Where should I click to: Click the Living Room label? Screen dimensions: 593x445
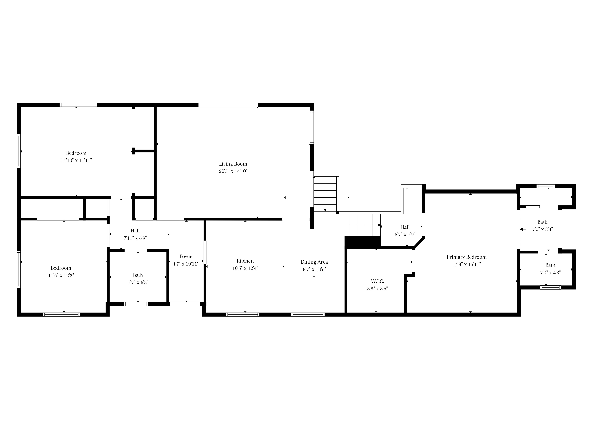click(233, 164)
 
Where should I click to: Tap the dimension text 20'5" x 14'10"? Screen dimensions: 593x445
click(233, 171)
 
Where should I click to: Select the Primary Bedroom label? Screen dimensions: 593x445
click(466, 257)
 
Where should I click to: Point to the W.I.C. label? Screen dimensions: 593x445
click(377, 281)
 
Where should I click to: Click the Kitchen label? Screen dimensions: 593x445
click(245, 261)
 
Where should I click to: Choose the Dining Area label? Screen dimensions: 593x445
click(314, 262)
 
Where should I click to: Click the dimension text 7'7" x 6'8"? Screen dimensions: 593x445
click(138, 282)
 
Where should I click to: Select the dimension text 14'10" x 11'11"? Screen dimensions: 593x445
click(76, 160)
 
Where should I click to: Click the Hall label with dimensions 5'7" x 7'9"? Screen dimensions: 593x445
click(405, 227)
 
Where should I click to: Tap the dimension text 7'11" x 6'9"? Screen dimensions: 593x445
click(135, 238)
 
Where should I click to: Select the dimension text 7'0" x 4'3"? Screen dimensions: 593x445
click(550, 272)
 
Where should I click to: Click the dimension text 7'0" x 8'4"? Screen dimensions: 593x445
click(542, 229)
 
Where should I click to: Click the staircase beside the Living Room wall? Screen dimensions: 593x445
click(325, 194)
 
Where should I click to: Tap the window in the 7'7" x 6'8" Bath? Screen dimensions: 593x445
click(136, 304)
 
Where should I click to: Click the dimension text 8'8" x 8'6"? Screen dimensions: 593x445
click(377, 289)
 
